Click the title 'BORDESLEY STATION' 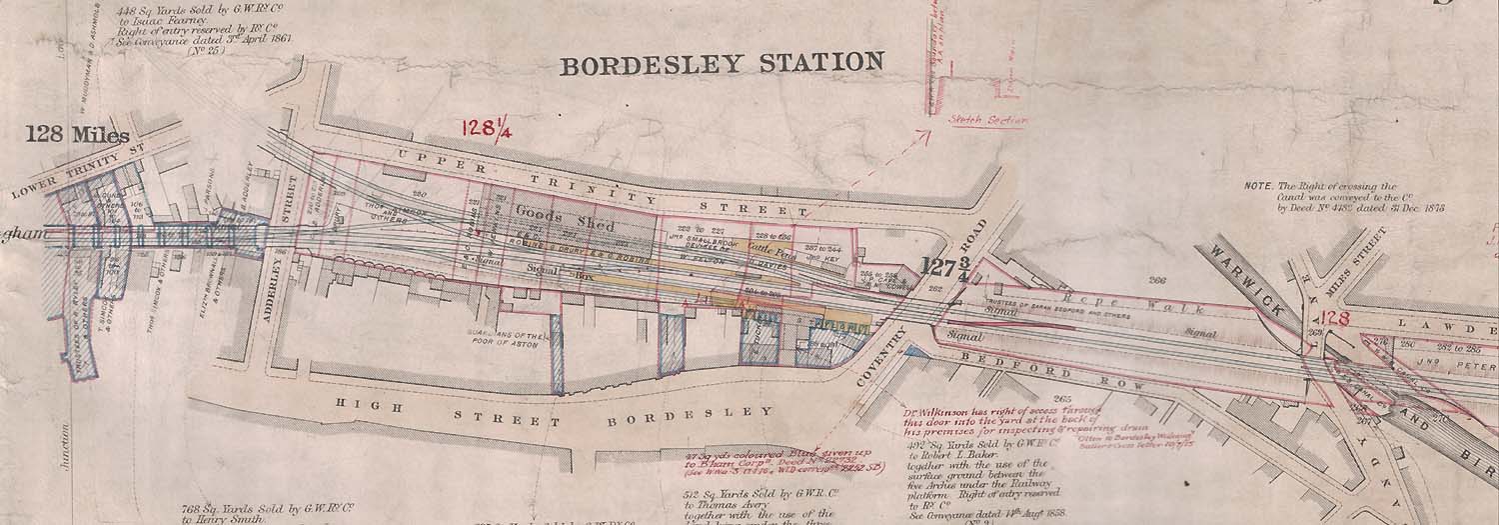pos(722,65)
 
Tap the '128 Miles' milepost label pos(77,134)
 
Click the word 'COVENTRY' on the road pos(887,358)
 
